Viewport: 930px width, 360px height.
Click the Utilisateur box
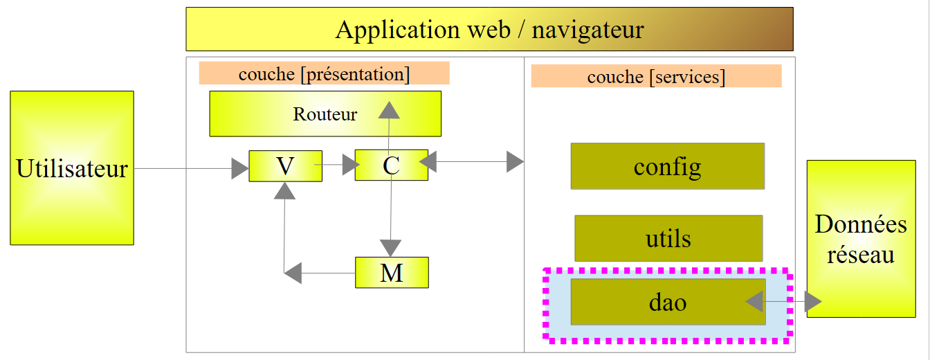point(72,168)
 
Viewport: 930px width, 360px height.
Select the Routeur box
point(325,114)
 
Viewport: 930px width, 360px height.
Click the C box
point(391,165)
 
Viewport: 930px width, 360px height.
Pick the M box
point(392,273)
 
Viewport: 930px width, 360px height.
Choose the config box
point(667,166)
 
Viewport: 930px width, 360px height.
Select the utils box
point(668,238)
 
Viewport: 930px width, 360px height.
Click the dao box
point(668,302)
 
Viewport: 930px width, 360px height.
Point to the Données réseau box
point(861,239)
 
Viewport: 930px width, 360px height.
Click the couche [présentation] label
point(324,73)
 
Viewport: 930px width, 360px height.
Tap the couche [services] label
point(656,76)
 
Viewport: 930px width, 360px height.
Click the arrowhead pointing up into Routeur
point(389,110)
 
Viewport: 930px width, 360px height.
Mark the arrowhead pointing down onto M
point(391,248)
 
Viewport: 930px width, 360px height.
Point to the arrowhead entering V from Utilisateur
point(240,168)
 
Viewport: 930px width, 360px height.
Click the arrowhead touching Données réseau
point(812,302)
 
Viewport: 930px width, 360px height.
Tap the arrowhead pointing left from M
point(293,273)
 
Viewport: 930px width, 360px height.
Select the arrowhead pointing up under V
point(284,190)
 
